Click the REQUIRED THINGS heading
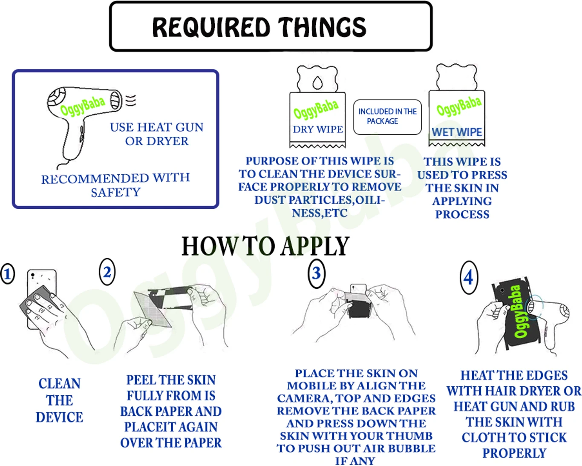pyautogui.click(x=259, y=27)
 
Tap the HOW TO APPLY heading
pyautogui.click(x=265, y=246)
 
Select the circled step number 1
pyautogui.click(x=8, y=274)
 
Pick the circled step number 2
pyautogui.click(x=107, y=272)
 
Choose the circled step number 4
pyautogui.click(x=469, y=277)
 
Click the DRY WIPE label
pyautogui.click(x=318, y=129)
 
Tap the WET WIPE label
pyautogui.click(x=457, y=132)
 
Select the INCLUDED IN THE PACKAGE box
pyautogui.click(x=387, y=117)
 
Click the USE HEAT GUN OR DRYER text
pyautogui.click(x=157, y=134)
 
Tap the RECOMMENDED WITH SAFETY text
pyautogui.click(x=115, y=185)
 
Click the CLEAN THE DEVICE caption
pyautogui.click(x=59, y=400)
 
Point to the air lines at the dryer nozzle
pyautogui.click(x=131, y=101)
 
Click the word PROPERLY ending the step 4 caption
pyautogui.click(x=514, y=453)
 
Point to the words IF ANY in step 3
pyautogui.click(x=355, y=461)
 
